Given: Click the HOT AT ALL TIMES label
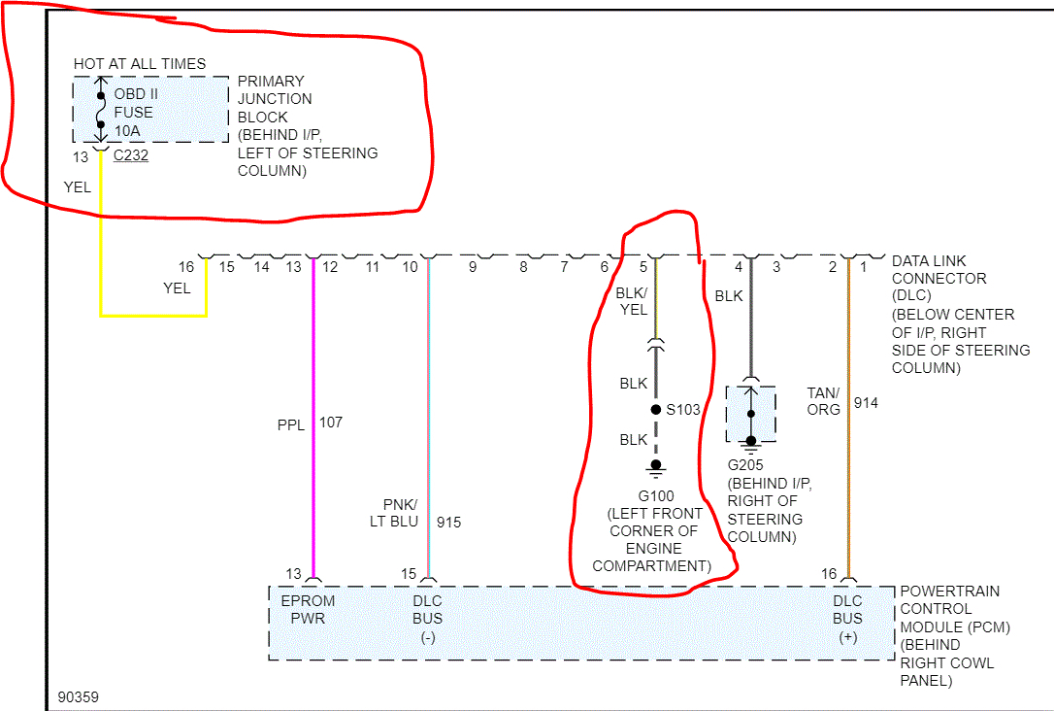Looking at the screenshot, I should pyautogui.click(x=140, y=64).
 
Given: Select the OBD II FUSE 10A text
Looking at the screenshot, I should pyautogui.click(x=134, y=113).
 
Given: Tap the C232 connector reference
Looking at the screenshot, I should pyautogui.click(x=131, y=155).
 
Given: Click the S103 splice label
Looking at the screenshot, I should pyautogui.click(x=682, y=410).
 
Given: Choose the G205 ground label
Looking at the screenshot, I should pyautogui.click(x=744, y=466).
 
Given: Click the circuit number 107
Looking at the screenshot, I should pyautogui.click(x=331, y=423).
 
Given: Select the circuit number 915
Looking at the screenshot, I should pyautogui.click(x=448, y=523).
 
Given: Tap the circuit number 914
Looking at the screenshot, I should pyautogui.click(x=866, y=402).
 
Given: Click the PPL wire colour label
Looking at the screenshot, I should pyautogui.click(x=291, y=423).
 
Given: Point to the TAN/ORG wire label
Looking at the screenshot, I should pyautogui.click(x=824, y=401).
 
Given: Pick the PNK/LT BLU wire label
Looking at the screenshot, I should pyautogui.click(x=400, y=513).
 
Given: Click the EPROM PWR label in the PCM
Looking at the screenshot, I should pyautogui.click(x=308, y=609).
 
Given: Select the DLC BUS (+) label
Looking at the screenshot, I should pyautogui.click(x=847, y=618).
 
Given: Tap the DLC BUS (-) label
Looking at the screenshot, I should pyautogui.click(x=427, y=618).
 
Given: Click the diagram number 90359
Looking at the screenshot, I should pyautogui.click(x=78, y=697).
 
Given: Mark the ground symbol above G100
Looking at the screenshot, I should pyautogui.click(x=656, y=466).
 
